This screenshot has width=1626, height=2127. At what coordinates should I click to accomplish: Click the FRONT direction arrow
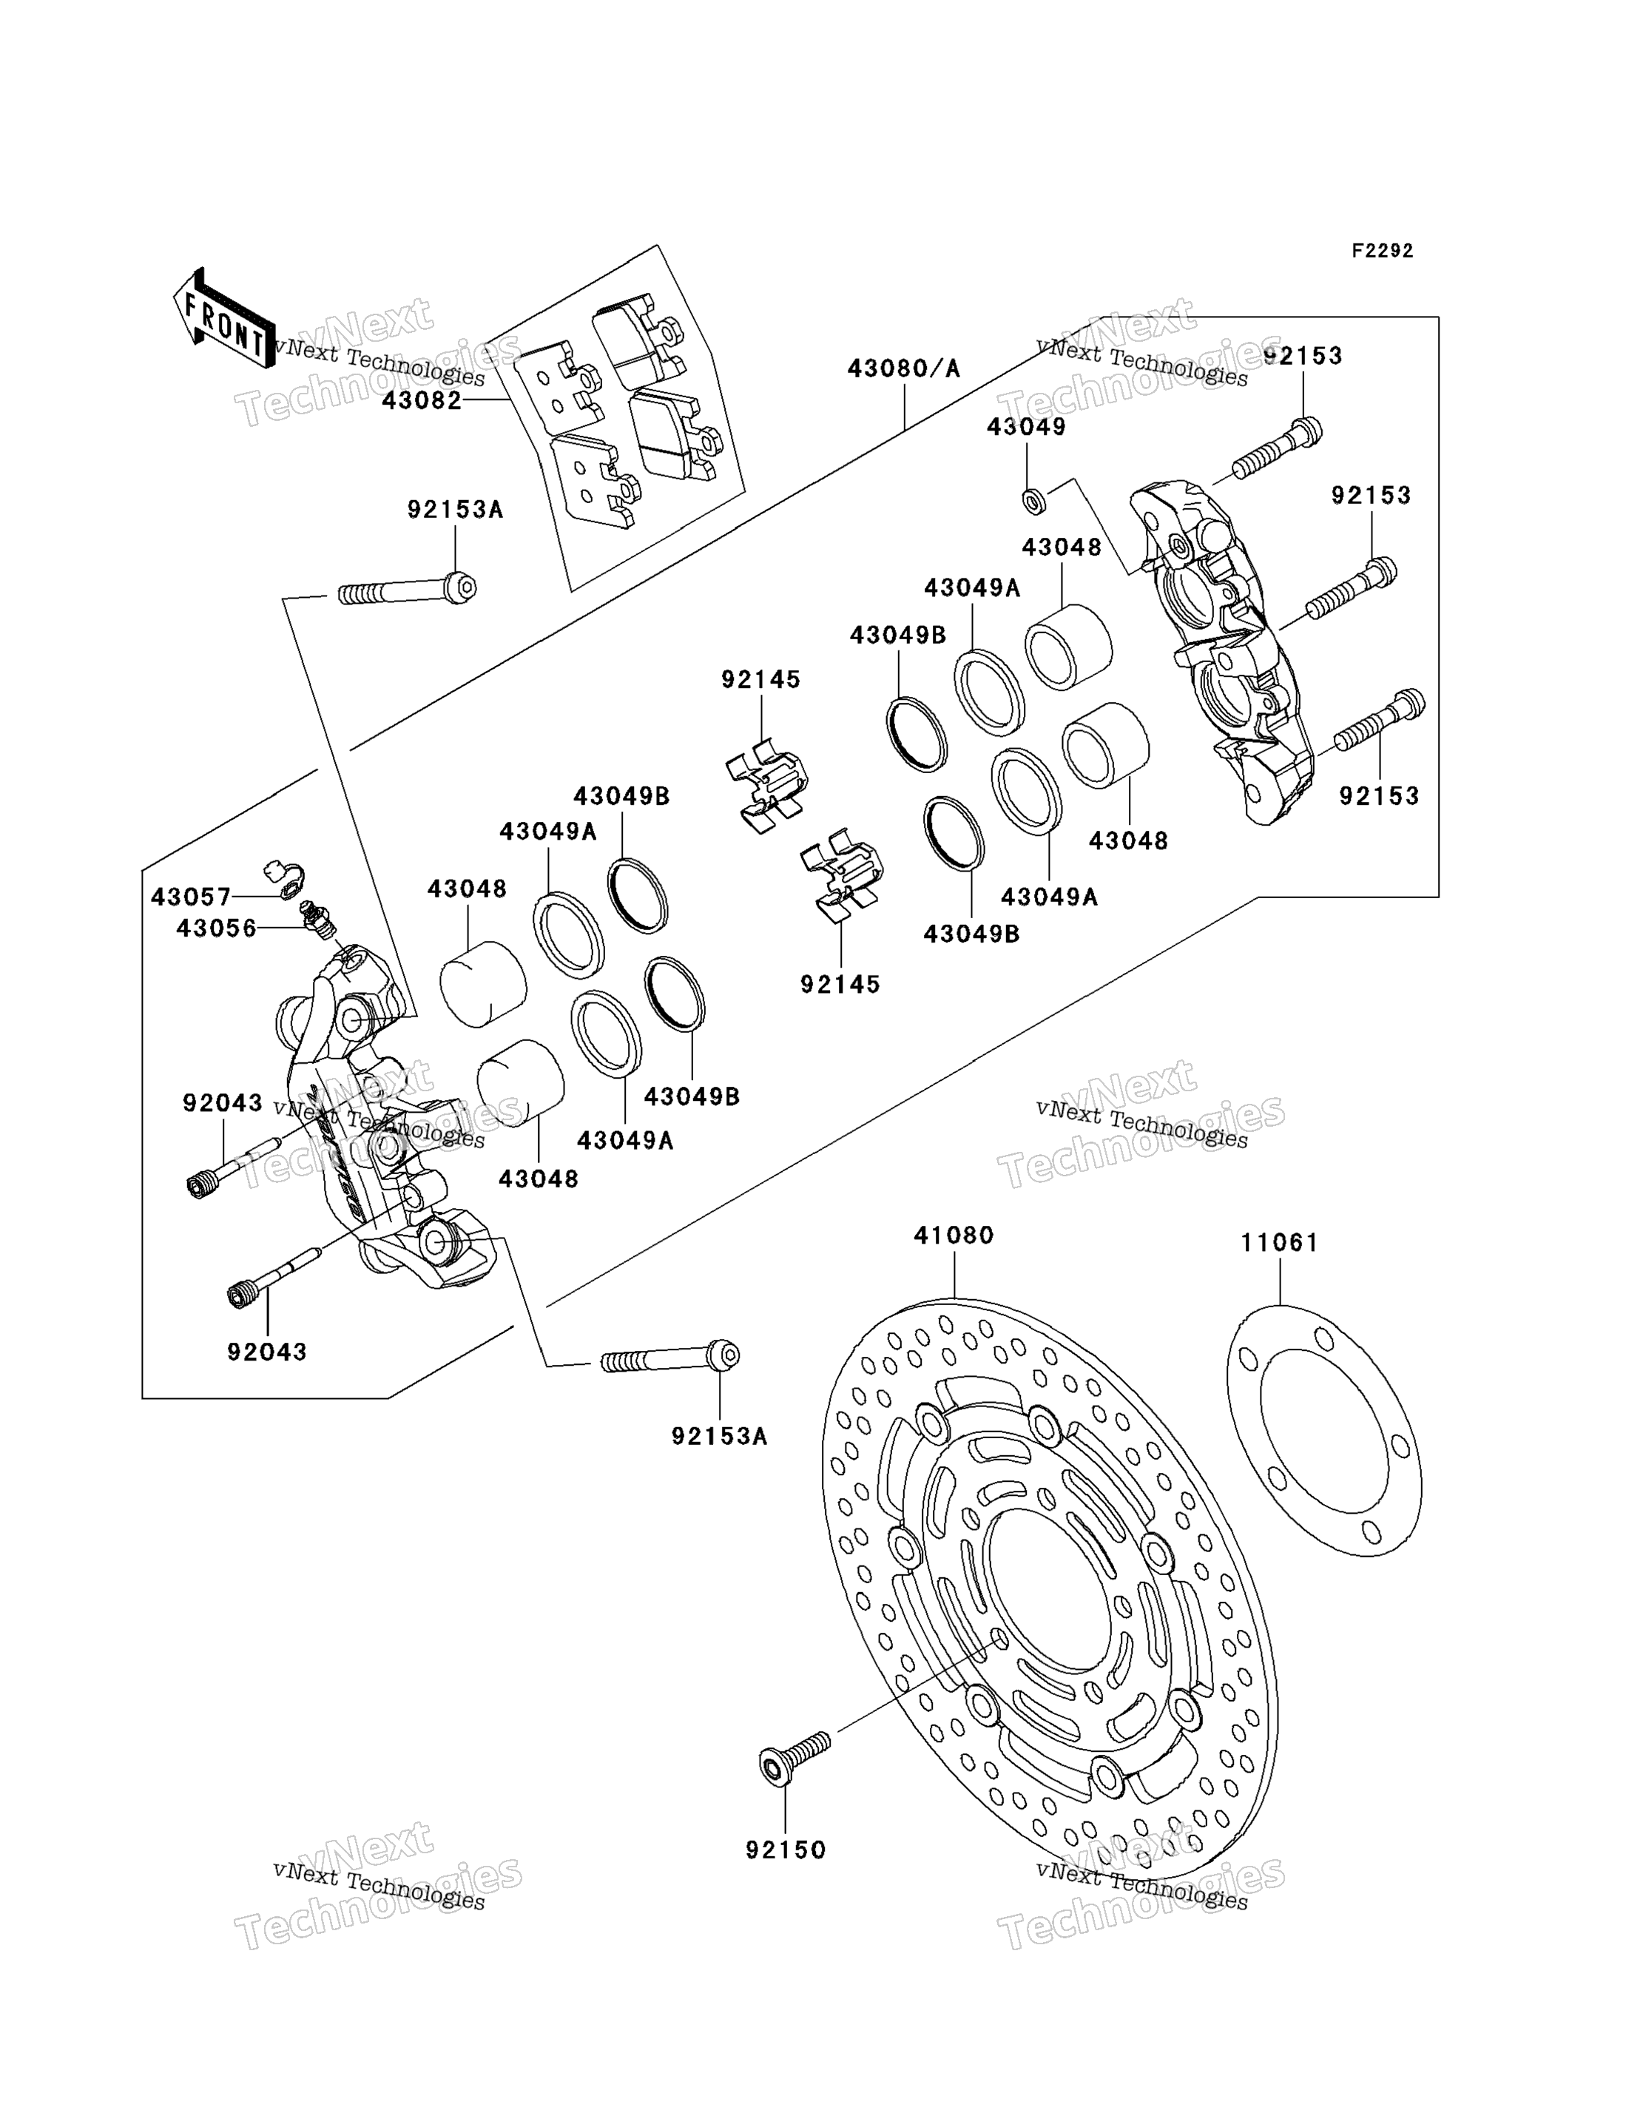tap(223, 318)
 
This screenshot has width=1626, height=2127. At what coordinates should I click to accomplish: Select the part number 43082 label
tap(422, 401)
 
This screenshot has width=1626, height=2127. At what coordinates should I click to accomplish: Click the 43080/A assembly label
tap(904, 368)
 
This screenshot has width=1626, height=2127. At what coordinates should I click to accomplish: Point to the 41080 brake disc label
tap(954, 1236)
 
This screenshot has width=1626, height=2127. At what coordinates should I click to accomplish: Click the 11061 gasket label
tap(1280, 1242)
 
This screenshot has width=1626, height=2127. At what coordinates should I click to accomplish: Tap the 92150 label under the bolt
tap(786, 1850)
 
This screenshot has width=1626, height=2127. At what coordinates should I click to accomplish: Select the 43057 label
tap(191, 897)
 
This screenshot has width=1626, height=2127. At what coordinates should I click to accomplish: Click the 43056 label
tap(217, 929)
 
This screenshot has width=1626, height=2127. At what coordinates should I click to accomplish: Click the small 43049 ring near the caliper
tap(1033, 502)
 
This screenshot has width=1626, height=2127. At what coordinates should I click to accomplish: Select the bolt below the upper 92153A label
tap(408, 588)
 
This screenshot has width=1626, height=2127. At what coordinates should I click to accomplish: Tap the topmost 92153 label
tap(1303, 356)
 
